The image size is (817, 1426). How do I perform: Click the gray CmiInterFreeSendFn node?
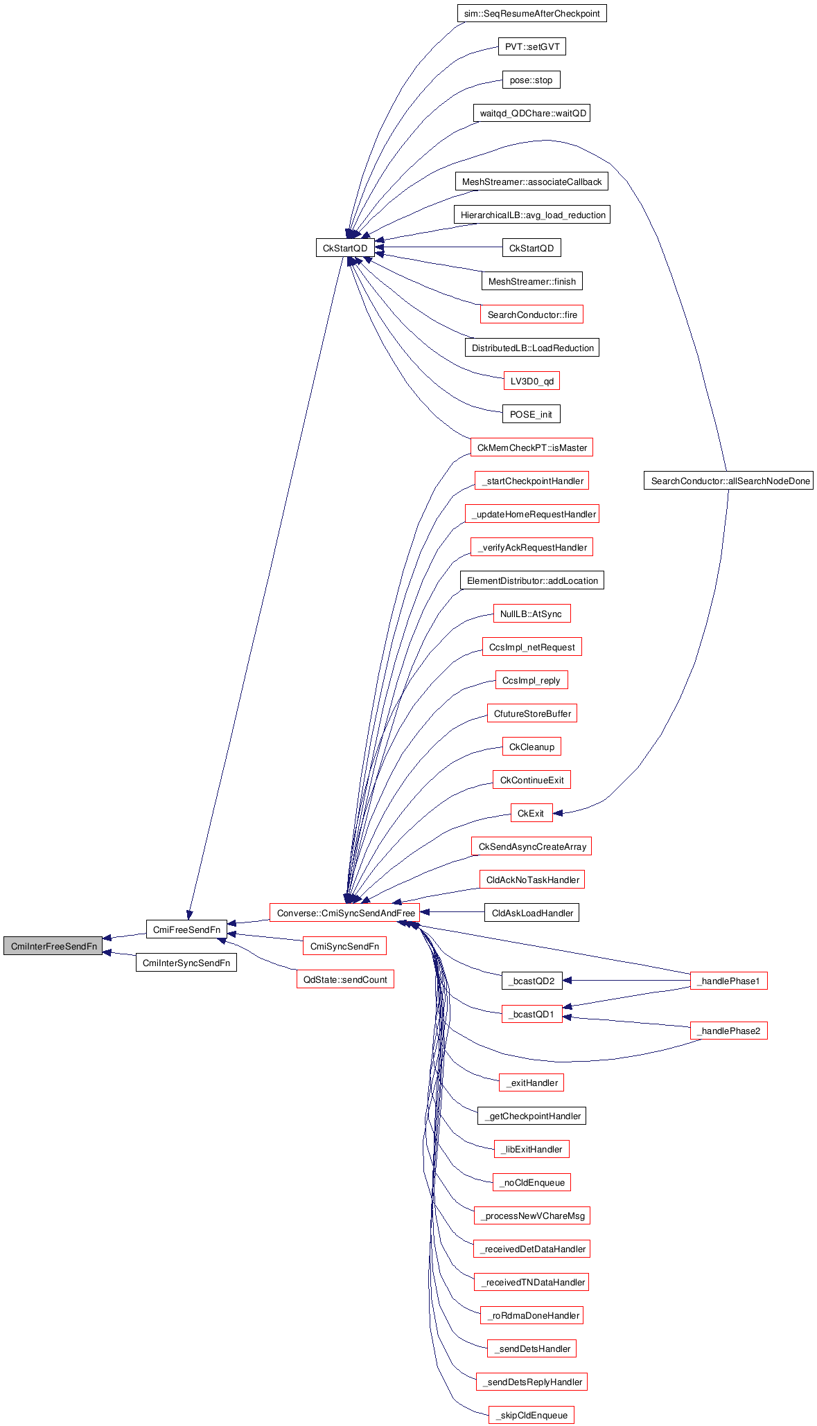(53, 946)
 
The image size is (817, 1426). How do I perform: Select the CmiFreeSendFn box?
(186, 929)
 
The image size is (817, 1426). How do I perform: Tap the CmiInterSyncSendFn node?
(186, 963)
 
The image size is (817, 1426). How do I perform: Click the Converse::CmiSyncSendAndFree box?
(345, 913)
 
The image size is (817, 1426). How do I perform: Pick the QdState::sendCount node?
(345, 979)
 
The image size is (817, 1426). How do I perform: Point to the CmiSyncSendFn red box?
(344, 946)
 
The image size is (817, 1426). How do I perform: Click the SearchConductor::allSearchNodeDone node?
(728, 481)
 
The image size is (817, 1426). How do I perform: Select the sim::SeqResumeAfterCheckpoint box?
(532, 13)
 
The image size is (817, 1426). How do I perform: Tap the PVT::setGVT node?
(532, 46)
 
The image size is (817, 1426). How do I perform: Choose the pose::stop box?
(531, 80)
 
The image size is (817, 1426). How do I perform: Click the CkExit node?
(531, 813)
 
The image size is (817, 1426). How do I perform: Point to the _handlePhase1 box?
(728, 981)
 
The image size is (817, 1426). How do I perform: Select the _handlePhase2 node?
(728, 1031)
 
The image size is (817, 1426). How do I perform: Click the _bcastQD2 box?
(532, 981)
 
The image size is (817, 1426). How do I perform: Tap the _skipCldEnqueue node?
(532, 1415)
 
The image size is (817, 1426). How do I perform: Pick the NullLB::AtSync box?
(531, 614)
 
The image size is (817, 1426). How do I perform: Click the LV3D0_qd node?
(532, 381)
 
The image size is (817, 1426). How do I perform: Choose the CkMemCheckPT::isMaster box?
(532, 447)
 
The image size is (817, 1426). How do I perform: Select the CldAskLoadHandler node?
(532, 913)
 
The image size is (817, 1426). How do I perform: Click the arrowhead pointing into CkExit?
(558, 812)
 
